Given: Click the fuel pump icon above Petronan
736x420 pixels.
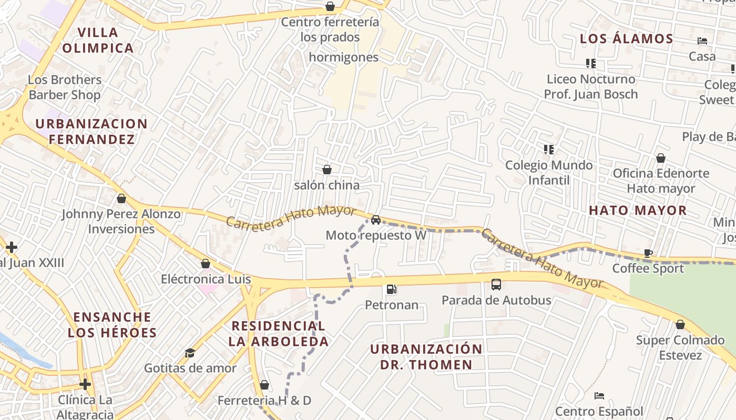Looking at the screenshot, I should pyautogui.click(x=391, y=289).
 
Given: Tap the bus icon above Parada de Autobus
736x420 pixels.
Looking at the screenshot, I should pyautogui.click(x=496, y=285).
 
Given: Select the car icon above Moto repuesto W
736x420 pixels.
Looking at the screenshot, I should pyautogui.click(x=375, y=220).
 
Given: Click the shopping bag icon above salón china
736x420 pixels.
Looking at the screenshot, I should pyautogui.click(x=327, y=170).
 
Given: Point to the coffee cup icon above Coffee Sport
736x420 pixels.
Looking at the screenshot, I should pyautogui.click(x=648, y=253).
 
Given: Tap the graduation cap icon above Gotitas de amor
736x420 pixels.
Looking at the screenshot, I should pyautogui.click(x=190, y=353).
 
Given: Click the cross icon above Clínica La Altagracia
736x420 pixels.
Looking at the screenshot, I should pyautogui.click(x=85, y=384).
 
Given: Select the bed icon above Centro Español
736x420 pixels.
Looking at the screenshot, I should pyautogui.click(x=599, y=395).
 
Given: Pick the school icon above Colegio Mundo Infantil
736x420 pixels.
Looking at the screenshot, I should pyautogui.click(x=549, y=150).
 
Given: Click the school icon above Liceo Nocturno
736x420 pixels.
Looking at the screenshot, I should pyautogui.click(x=591, y=64).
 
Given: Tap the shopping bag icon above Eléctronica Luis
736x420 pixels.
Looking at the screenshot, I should pyautogui.click(x=206, y=264).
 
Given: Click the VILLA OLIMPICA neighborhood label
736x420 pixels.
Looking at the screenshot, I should pyautogui.click(x=98, y=40).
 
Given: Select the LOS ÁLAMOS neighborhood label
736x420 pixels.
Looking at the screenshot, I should pyautogui.click(x=626, y=39).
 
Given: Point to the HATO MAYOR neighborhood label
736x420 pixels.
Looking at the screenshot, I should pyautogui.click(x=638, y=211).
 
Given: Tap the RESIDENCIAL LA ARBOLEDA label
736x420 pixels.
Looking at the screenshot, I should pyautogui.click(x=279, y=333).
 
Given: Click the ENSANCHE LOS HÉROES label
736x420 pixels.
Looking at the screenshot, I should pyautogui.click(x=112, y=325).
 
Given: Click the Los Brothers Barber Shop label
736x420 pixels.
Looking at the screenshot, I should pyautogui.click(x=65, y=87).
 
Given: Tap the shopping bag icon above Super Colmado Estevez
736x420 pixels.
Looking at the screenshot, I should pyautogui.click(x=680, y=325).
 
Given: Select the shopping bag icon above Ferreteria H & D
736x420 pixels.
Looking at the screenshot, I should pyautogui.click(x=264, y=385).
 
